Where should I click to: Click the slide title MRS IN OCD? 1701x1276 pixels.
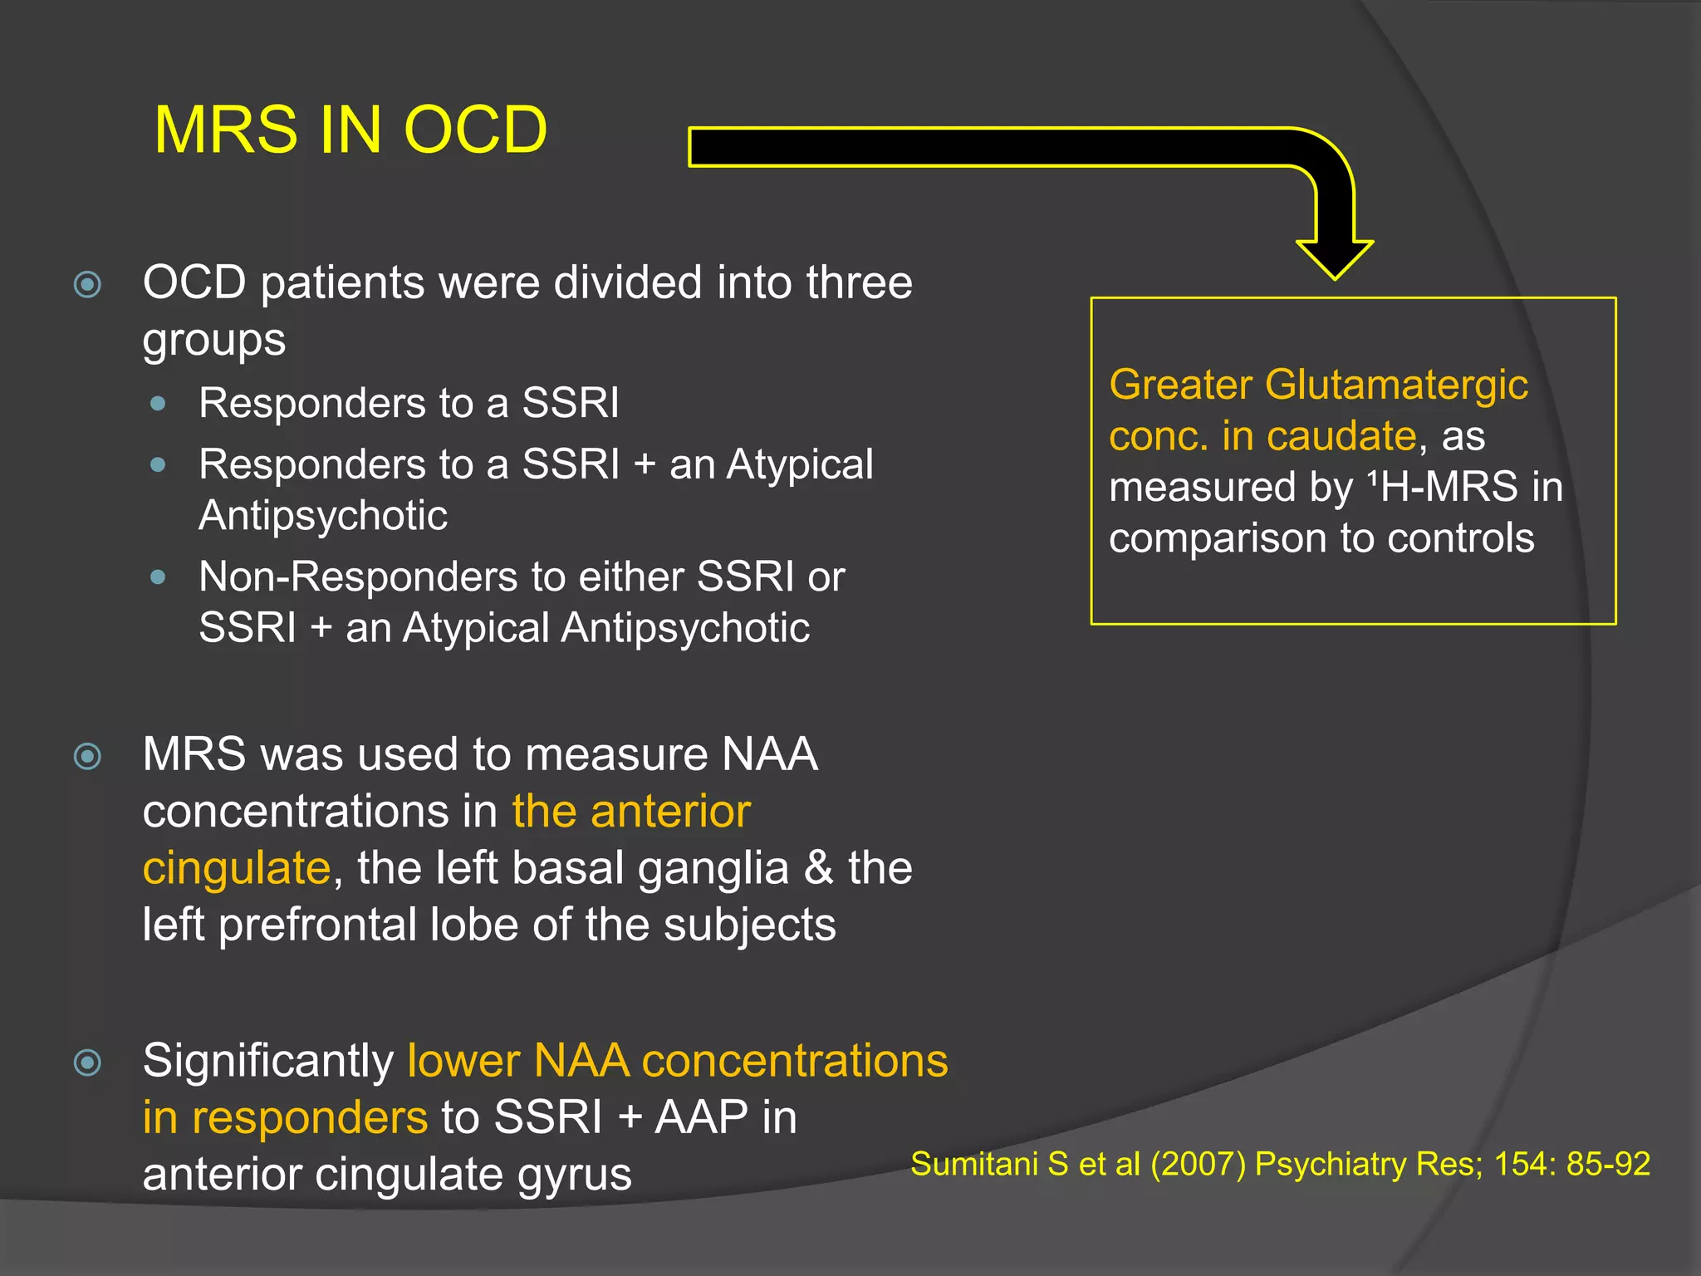pyautogui.click(x=350, y=130)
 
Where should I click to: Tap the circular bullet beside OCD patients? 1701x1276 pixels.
pyautogui.click(x=87, y=285)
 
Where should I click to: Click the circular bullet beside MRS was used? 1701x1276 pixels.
pyautogui.click(x=87, y=757)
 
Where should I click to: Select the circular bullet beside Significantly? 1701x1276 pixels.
pyautogui.click(x=87, y=1063)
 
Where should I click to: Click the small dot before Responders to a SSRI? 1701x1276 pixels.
pyautogui.click(x=158, y=405)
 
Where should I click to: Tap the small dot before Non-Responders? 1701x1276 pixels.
pyautogui.click(x=158, y=577)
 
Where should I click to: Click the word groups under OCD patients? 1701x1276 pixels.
pyautogui.click(x=213, y=340)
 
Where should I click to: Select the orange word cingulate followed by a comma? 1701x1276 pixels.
pyautogui.click(x=236, y=868)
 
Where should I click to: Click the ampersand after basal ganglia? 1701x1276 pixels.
pyautogui.click(x=818, y=868)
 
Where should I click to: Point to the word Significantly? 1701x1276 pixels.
pyautogui.click(x=267, y=1061)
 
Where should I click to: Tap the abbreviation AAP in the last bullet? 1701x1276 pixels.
pyautogui.click(x=701, y=1117)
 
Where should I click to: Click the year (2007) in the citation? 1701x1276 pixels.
pyautogui.click(x=1197, y=1165)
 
